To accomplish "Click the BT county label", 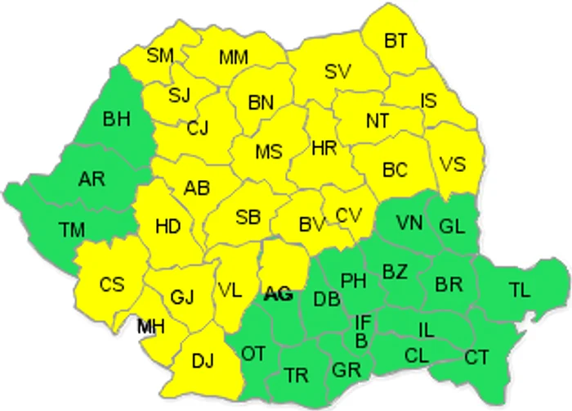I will pyautogui.click(x=395, y=38).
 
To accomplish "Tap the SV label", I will pyautogui.click(x=337, y=71).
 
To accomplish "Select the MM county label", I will pyautogui.click(x=234, y=57).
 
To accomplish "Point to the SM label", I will pyautogui.click(x=160, y=56).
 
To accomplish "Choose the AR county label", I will pyautogui.click(x=92, y=178).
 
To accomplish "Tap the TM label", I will pyautogui.click(x=72, y=230).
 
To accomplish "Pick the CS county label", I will pyautogui.click(x=112, y=284).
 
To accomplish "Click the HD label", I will pyautogui.click(x=168, y=225).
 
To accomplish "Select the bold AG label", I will pyautogui.click(x=279, y=294).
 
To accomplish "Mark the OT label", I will pyautogui.click(x=253, y=353).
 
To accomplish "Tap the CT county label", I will pyautogui.click(x=476, y=357).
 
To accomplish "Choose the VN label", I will pyautogui.click(x=409, y=223).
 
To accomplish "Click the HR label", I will pyautogui.click(x=324, y=147).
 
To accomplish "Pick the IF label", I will pyautogui.click(x=364, y=321).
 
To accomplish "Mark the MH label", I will pyautogui.click(x=150, y=327).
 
